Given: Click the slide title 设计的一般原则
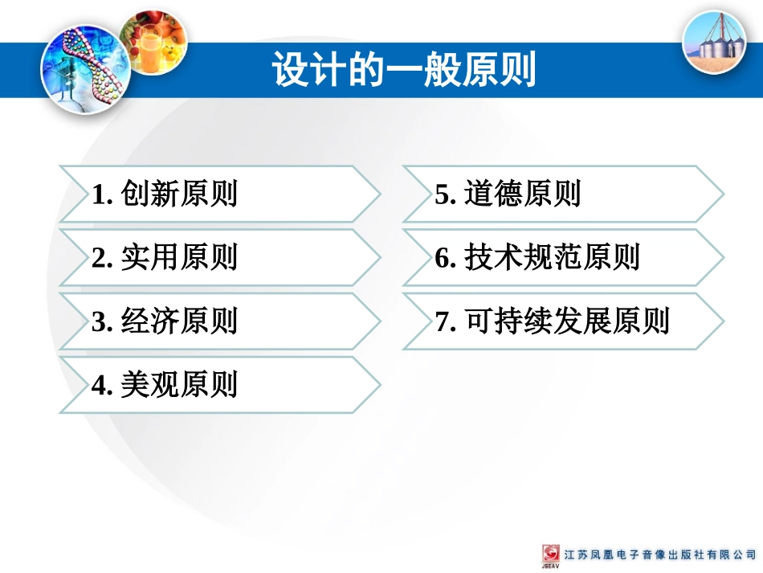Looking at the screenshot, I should coord(404,71).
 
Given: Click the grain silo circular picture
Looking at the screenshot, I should coord(713,42).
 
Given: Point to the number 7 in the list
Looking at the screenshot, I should coord(443,322).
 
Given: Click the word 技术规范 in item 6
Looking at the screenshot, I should coord(523,257).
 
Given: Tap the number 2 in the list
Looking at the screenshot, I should coord(99,258).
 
